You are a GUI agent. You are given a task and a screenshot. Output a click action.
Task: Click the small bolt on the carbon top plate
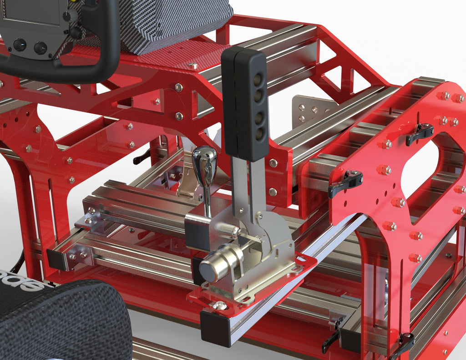pyautogui.click(x=193, y=66)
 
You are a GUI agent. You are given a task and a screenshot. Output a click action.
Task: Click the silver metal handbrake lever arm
pyautogui.click(x=246, y=191)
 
